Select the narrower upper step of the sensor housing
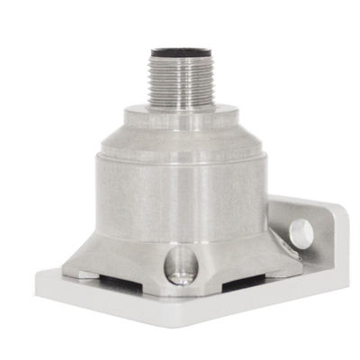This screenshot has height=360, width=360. [x=180, y=130]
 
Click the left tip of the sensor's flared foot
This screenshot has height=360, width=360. [x=65, y=268]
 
